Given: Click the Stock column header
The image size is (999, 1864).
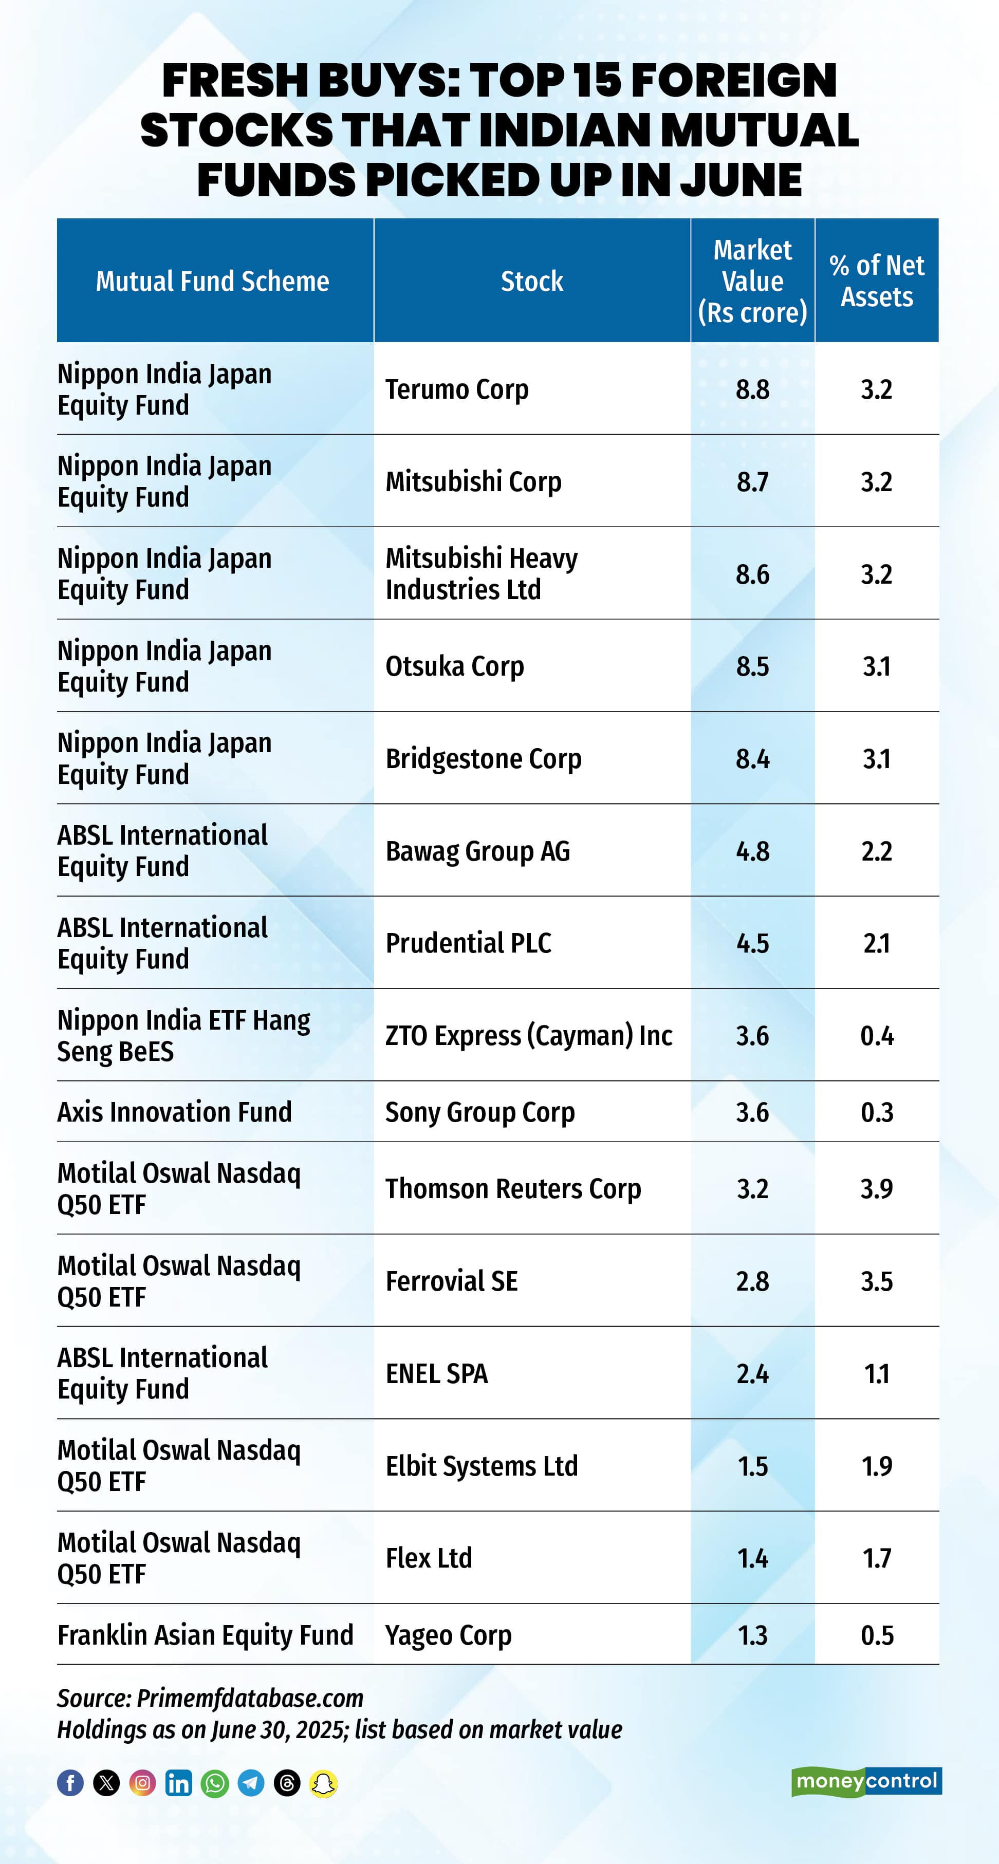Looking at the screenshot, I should [532, 281].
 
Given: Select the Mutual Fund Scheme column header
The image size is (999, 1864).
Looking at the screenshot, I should [212, 281].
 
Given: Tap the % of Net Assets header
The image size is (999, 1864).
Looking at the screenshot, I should [877, 281].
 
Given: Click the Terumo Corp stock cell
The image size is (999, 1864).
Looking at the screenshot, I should [457, 389].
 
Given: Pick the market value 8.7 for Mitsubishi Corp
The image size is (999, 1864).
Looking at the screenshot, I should [752, 482].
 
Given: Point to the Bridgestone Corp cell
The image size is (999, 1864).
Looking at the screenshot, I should [484, 758].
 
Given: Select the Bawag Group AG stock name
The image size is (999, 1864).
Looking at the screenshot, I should [478, 851].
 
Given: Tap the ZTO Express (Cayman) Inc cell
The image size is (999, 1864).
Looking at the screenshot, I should [528, 1035].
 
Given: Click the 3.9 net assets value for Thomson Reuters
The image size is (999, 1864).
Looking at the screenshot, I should [877, 1189].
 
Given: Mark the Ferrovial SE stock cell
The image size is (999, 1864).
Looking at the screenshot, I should [452, 1281].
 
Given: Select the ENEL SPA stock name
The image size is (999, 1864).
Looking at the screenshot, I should [436, 1373].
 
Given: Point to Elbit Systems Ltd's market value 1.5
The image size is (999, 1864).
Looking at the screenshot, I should [752, 1466].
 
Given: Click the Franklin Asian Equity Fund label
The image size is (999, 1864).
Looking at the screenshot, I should [205, 1635].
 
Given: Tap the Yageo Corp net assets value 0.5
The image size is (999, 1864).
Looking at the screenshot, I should [877, 1635].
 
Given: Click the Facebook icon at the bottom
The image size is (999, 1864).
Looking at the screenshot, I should [70, 1783].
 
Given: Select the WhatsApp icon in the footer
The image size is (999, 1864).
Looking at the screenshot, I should [215, 1783].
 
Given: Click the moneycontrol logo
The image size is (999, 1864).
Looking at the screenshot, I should [866, 1781].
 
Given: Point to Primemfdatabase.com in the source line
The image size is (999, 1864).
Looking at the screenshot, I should [250, 1698].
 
